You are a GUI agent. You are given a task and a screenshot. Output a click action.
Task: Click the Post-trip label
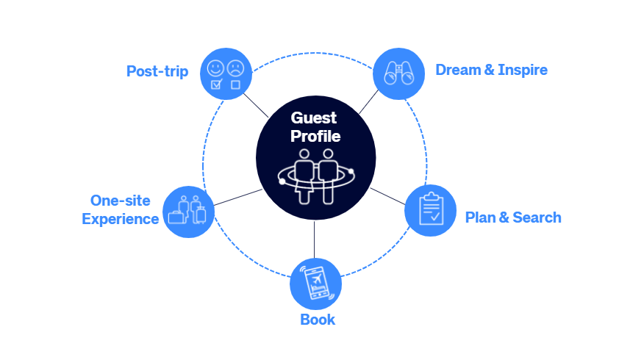(157, 71)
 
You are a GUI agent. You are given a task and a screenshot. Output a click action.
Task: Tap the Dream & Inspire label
(492, 70)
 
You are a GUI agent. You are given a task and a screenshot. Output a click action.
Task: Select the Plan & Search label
(513, 217)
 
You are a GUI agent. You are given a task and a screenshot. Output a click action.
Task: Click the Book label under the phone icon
(318, 320)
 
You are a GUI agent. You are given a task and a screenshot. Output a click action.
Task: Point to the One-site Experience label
(121, 209)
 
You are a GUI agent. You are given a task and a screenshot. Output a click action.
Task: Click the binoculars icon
(398, 73)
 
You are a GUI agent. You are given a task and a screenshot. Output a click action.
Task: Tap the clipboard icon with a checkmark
(431, 209)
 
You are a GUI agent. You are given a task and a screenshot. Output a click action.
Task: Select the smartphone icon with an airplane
(317, 283)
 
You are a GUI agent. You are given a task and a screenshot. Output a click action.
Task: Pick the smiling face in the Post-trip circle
(215, 68)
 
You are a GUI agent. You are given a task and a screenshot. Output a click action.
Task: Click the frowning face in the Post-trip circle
(236, 68)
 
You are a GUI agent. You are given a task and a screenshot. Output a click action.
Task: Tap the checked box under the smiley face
(216, 84)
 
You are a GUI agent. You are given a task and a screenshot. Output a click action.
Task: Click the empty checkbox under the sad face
(236, 84)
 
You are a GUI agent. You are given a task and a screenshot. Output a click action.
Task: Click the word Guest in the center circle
(314, 118)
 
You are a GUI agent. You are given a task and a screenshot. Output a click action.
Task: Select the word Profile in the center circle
(315, 136)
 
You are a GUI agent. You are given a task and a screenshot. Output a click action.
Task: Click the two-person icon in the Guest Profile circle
(316, 176)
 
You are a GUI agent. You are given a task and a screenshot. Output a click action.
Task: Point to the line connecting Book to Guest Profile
(314, 240)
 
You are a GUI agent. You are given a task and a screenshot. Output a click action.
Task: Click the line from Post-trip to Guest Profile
(256, 105)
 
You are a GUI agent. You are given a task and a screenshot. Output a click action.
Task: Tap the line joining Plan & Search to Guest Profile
(387, 197)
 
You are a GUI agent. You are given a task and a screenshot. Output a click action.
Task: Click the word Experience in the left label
(121, 219)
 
